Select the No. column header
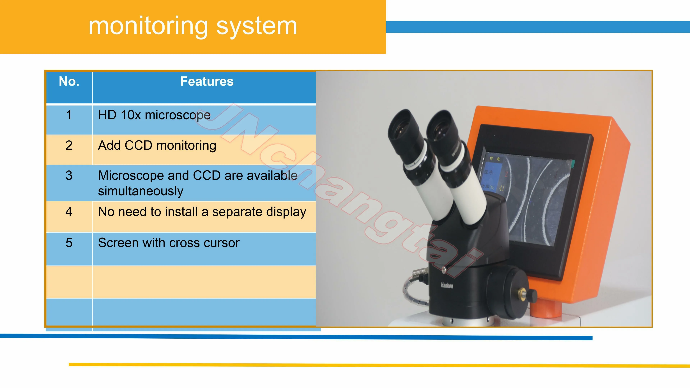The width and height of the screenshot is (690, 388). pos(69,81)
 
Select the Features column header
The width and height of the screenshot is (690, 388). pos(207,81)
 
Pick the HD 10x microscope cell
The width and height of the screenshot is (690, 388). pos(154,115)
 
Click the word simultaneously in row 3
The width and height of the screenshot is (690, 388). pos(141,191)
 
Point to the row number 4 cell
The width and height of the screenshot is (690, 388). pos(69,212)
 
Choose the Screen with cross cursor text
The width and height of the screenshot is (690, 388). pos(169,243)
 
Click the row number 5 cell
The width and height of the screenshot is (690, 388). pos(69,243)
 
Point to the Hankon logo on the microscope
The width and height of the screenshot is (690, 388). pos(447,285)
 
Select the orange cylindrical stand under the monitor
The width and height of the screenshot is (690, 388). pos(546,309)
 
